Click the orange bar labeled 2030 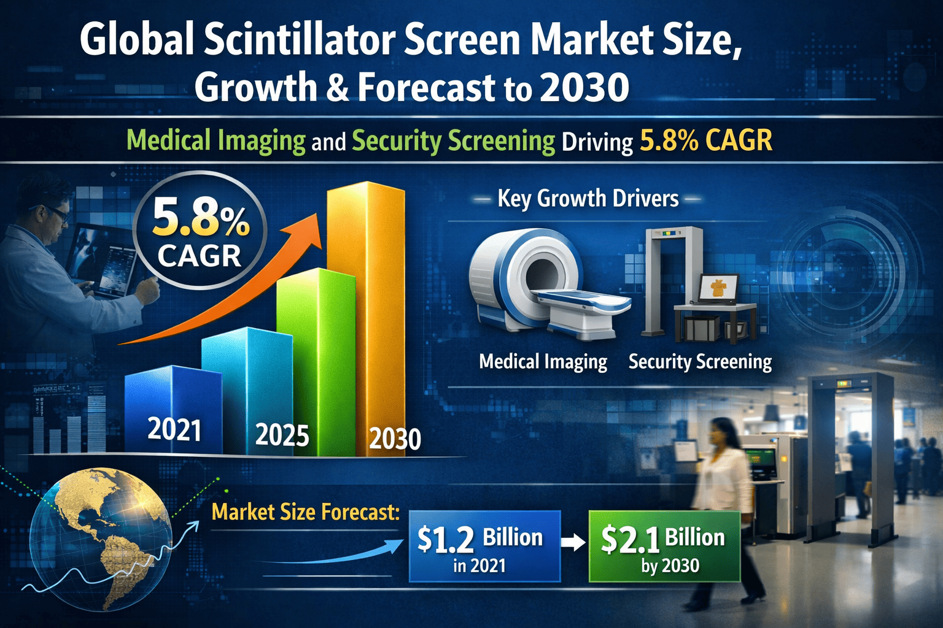pos(366,307)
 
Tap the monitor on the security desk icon pos(718,288)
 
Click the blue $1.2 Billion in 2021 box pos(484,546)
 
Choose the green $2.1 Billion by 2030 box pos(664,546)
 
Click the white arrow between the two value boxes pos(573,543)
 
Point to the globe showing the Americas pos(101,540)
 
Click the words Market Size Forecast pos(305,511)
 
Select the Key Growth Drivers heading pos(588,199)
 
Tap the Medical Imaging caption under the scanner pos(543,362)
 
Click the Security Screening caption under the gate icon pos(700,362)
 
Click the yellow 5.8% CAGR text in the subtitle pos(705,141)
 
